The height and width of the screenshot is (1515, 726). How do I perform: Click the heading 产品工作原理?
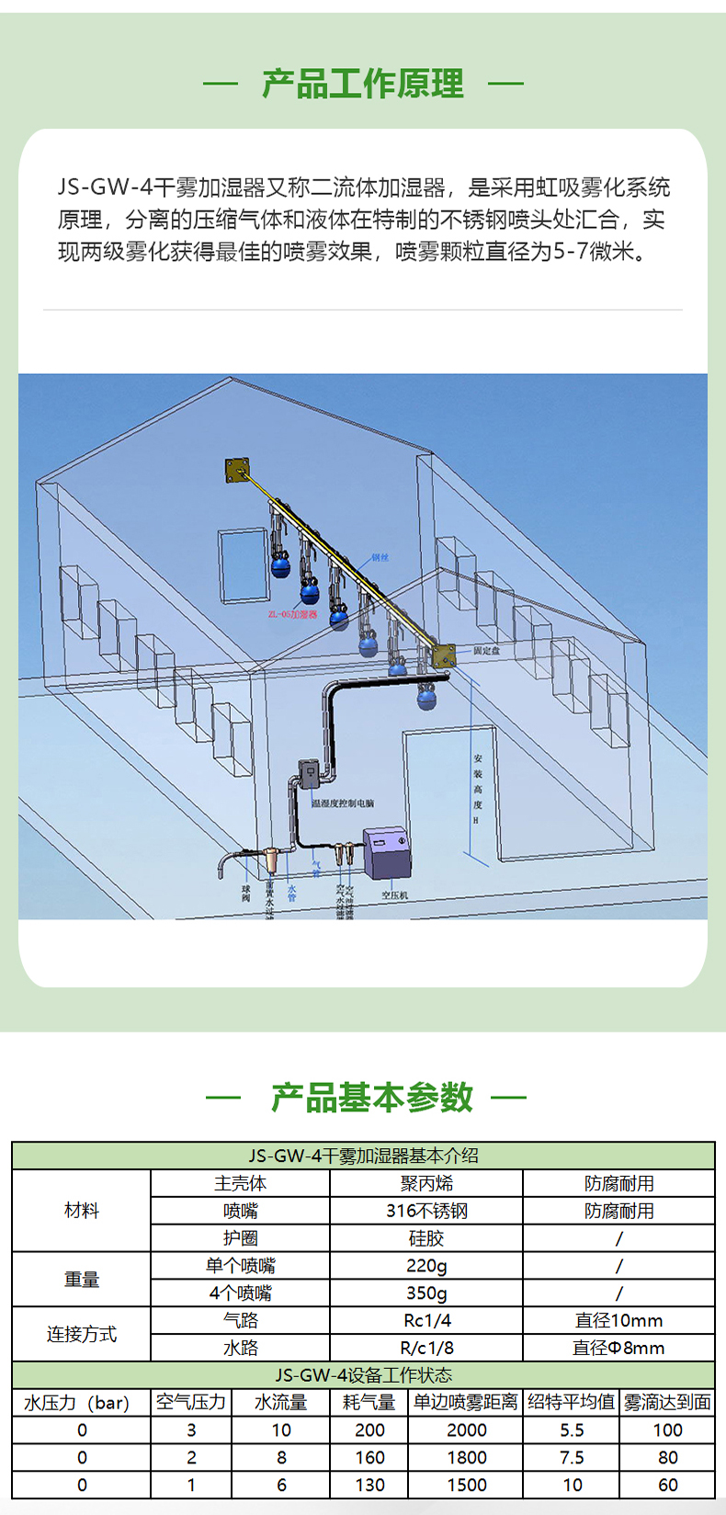tap(363, 85)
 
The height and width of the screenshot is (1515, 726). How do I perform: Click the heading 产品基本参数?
tap(371, 1098)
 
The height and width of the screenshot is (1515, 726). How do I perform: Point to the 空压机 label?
tap(395, 894)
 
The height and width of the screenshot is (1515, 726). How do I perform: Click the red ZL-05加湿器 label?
tap(292, 614)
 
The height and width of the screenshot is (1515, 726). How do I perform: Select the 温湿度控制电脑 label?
tap(343, 803)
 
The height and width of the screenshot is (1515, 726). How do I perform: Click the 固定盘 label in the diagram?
tap(487, 650)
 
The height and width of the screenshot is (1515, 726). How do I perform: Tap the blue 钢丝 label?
tap(380, 557)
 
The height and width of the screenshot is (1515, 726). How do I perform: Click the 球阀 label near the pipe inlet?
tap(245, 893)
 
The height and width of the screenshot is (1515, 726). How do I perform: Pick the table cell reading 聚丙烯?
tap(426, 1183)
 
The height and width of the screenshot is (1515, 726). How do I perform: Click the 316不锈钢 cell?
tap(426, 1211)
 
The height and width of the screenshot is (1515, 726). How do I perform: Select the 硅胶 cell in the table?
tap(426, 1238)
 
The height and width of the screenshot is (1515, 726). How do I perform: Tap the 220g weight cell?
tap(426, 1266)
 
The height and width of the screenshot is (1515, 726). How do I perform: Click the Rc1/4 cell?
tap(426, 1320)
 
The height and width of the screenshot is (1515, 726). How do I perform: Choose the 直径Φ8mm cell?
tap(618, 1348)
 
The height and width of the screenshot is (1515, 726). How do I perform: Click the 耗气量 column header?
tap(369, 1402)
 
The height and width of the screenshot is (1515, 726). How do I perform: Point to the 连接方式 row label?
tap(82, 1334)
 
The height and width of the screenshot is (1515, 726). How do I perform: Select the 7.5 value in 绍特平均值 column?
tap(572, 1457)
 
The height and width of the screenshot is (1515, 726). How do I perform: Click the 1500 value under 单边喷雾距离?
tap(467, 1485)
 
